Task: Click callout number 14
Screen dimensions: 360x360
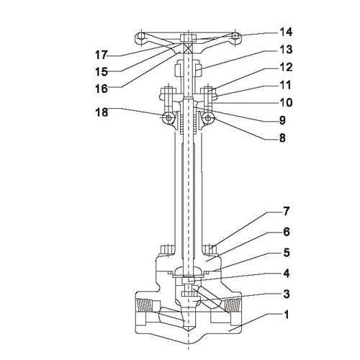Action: [286, 32]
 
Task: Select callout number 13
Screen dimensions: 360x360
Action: [286, 50]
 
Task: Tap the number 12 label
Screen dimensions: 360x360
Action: [286, 68]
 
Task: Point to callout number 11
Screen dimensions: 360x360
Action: [285, 85]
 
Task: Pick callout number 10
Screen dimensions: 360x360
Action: [286, 102]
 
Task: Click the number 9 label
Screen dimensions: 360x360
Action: [282, 120]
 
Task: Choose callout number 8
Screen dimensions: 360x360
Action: [282, 138]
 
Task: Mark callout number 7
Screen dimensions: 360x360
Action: [287, 211]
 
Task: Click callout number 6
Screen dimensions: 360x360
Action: [287, 232]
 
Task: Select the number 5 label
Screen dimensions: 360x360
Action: [287, 253]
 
